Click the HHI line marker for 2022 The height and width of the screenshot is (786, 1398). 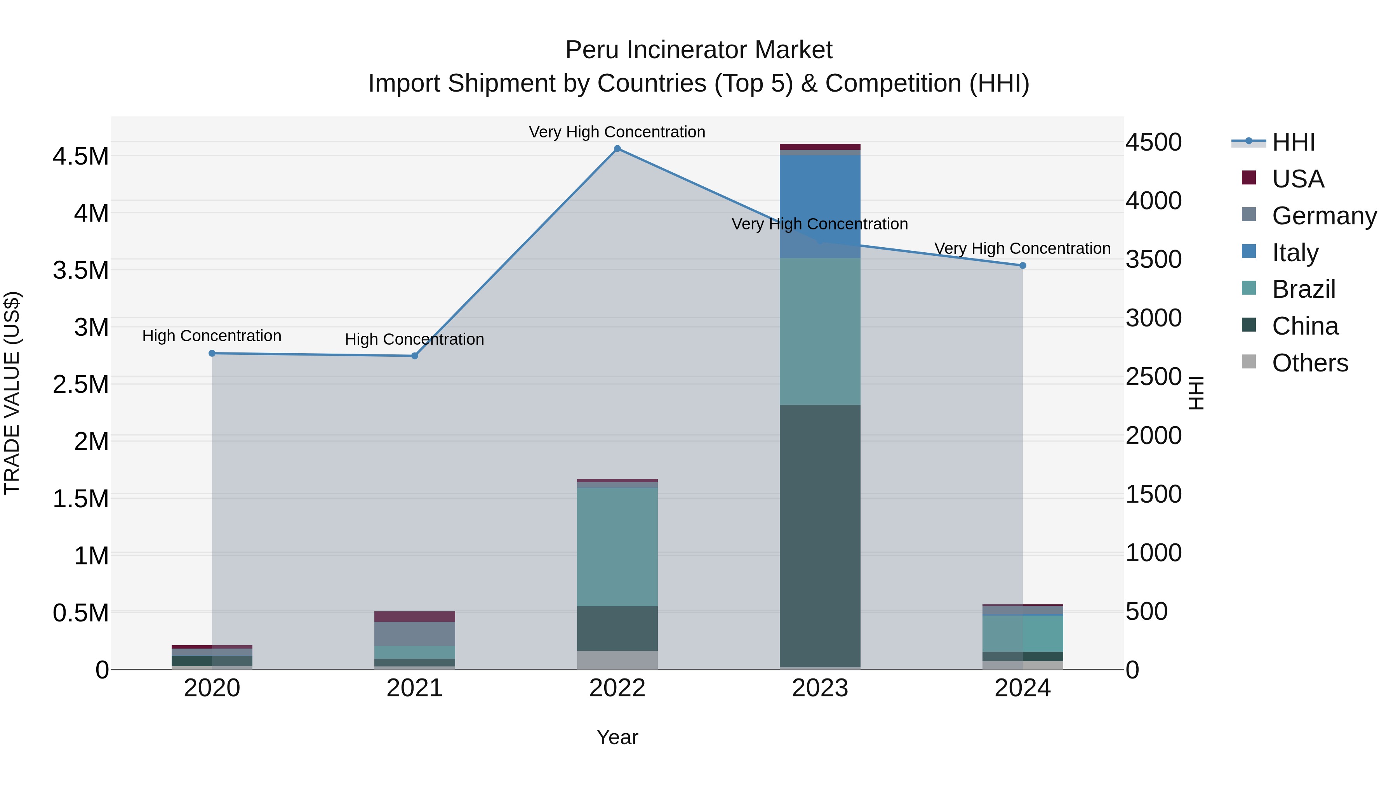pos(617,149)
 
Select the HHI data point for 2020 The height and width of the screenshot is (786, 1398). pos(212,353)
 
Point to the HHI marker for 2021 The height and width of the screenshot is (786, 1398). pos(415,356)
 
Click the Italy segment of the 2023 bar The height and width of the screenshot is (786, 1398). pos(820,206)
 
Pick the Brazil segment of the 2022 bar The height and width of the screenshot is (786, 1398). pos(617,547)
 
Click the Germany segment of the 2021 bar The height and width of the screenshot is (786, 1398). pos(415,633)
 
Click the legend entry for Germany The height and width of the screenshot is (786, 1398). pos(1324,216)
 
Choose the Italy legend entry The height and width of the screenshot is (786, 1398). pos(1295,253)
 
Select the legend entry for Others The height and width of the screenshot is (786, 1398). pos(1309,363)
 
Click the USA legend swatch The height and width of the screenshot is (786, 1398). pos(1249,178)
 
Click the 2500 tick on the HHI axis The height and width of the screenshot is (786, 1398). pos(1153,377)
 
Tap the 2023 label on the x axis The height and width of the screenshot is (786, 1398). pos(820,688)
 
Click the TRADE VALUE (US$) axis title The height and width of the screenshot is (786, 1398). pos(12,393)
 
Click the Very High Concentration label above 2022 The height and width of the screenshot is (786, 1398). pos(617,132)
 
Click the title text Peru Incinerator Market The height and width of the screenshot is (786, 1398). pos(699,50)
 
